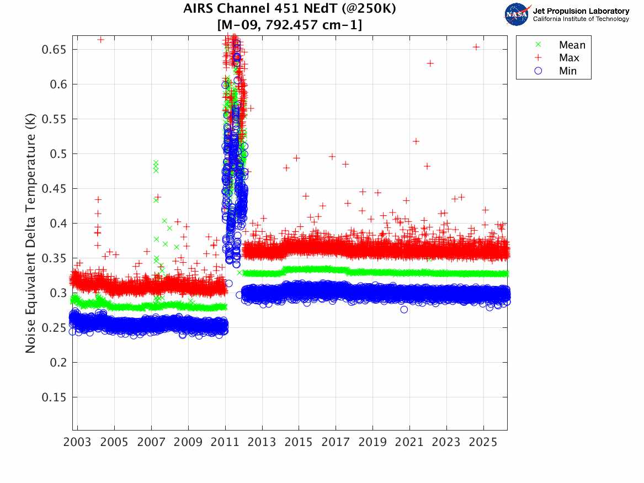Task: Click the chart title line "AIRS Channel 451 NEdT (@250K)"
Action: [x=289, y=8]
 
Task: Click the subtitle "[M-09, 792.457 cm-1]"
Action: [x=289, y=25]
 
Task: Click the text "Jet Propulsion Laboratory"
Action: [x=581, y=11]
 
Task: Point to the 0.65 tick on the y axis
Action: [x=54, y=50]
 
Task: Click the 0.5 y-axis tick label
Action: [x=58, y=154]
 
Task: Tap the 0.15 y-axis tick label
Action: [x=54, y=397]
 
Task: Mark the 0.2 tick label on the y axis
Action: [x=58, y=363]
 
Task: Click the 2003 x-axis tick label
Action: [x=77, y=442]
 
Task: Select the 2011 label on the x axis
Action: [x=225, y=442]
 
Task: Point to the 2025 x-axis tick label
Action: [x=483, y=442]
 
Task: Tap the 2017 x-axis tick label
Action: [x=336, y=442]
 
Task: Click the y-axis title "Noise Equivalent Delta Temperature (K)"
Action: [x=30, y=233]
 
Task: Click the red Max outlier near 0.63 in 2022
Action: [x=430, y=63]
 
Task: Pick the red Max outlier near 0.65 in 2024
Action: [x=476, y=47]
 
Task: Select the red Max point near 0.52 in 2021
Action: [x=416, y=141]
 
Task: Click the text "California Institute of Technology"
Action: [x=581, y=19]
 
